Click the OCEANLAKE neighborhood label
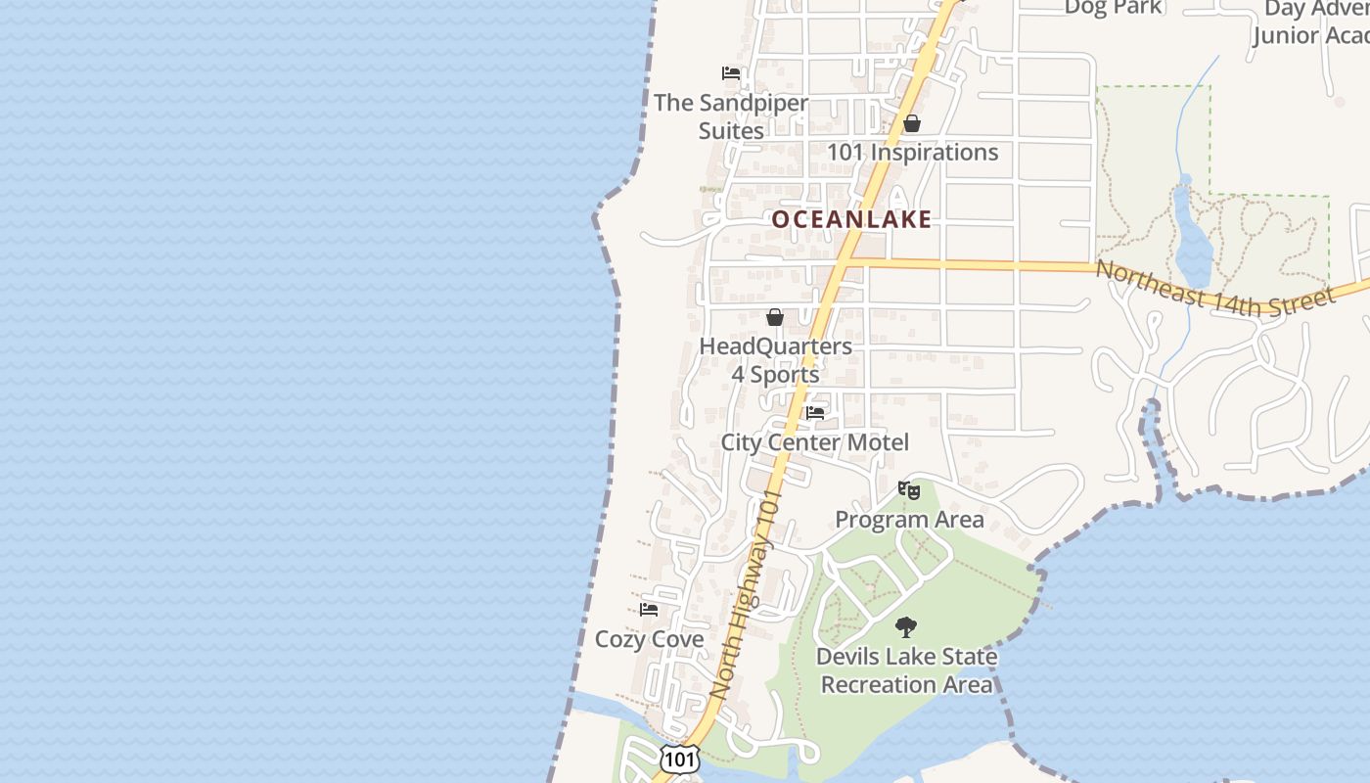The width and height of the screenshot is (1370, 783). (851, 219)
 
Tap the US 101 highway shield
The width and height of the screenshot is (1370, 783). (678, 759)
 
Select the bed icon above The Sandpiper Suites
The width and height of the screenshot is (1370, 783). (730, 72)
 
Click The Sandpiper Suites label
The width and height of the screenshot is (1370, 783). (731, 116)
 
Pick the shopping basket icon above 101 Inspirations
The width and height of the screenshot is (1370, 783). (912, 123)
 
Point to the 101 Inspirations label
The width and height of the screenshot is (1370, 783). (912, 153)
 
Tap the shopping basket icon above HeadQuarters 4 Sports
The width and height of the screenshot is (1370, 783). (775, 317)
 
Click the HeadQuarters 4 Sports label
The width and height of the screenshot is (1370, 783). (775, 360)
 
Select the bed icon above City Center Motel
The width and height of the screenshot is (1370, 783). (815, 413)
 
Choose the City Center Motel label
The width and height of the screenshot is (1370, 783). (815, 442)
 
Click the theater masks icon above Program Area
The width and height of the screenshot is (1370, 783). (909, 489)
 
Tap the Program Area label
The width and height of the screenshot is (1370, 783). (909, 520)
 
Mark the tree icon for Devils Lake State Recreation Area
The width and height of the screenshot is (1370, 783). (906, 627)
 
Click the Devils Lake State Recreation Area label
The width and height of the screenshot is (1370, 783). (906, 670)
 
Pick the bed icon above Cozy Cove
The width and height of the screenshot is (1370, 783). (649, 610)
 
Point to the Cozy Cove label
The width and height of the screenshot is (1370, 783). (649, 640)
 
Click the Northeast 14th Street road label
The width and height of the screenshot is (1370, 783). (1214, 286)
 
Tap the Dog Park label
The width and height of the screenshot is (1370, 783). (1113, 8)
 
